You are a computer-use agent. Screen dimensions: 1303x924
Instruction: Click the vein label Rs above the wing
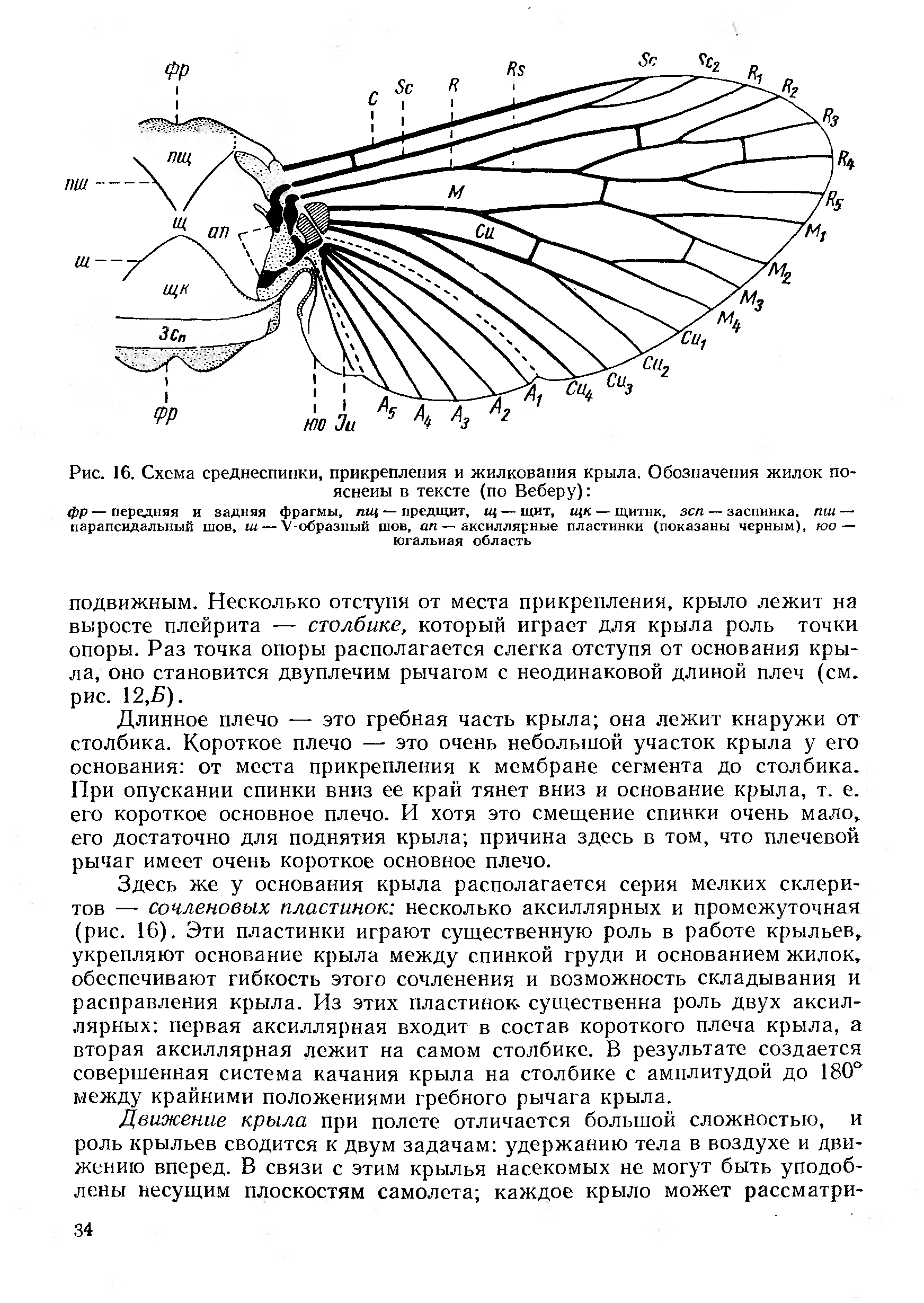pyautogui.click(x=516, y=69)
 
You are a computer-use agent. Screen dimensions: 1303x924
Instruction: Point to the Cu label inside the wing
pyautogui.click(x=485, y=231)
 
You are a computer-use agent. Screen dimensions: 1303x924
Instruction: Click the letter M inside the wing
pyautogui.click(x=456, y=192)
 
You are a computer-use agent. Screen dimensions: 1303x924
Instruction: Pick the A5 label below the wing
pyautogui.click(x=386, y=407)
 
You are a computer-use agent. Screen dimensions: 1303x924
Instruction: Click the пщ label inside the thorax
pyautogui.click(x=179, y=155)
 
